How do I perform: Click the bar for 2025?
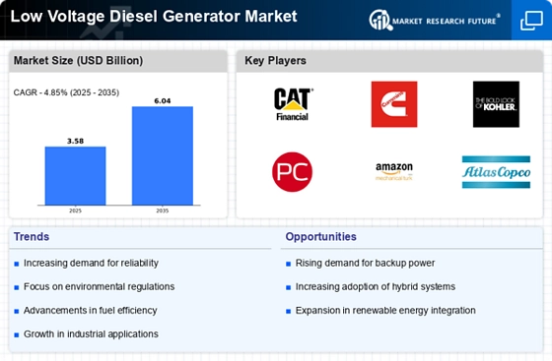pyautogui.click(x=75, y=174)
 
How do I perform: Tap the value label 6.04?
pyautogui.click(x=163, y=99)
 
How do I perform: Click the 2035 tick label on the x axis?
pyautogui.click(x=163, y=210)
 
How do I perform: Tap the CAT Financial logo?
pyautogui.click(x=292, y=104)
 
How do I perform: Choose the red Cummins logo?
pyautogui.click(x=393, y=104)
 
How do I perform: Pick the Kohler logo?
pyautogui.click(x=496, y=104)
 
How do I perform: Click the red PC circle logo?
pyautogui.click(x=292, y=171)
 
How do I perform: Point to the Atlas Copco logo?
pyautogui.click(x=496, y=172)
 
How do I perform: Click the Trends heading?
pyautogui.click(x=33, y=237)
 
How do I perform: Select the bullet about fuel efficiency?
pyautogui.click(x=92, y=310)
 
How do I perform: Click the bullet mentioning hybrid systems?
pyautogui.click(x=374, y=286)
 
